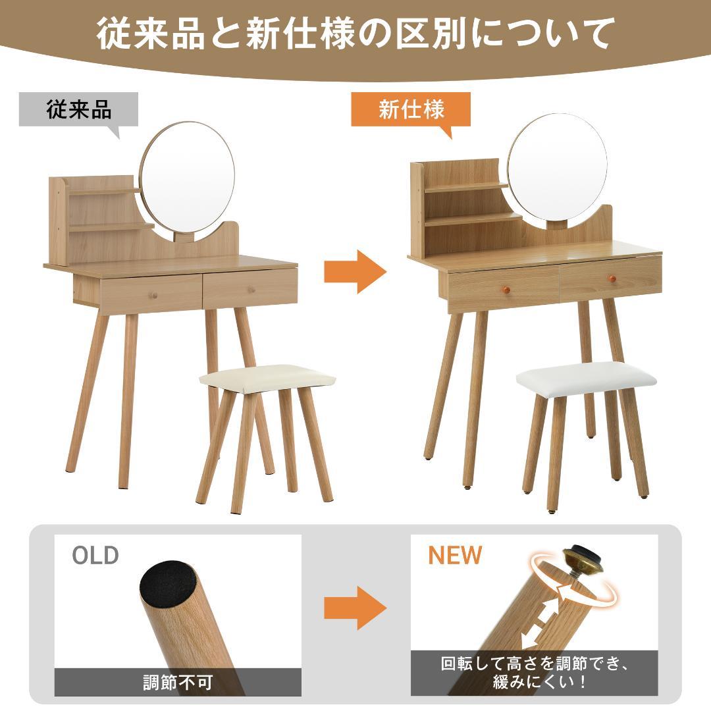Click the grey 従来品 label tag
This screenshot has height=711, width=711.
coord(78,109)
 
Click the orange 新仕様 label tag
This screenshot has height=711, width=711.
coord(411,109)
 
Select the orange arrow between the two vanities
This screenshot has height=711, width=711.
coord(354,271)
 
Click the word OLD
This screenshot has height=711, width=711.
coord(95,555)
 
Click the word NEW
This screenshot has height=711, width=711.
coord(455,555)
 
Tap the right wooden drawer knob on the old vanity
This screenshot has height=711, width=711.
coord(251,290)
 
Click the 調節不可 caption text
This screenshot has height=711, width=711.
coord(178,682)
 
